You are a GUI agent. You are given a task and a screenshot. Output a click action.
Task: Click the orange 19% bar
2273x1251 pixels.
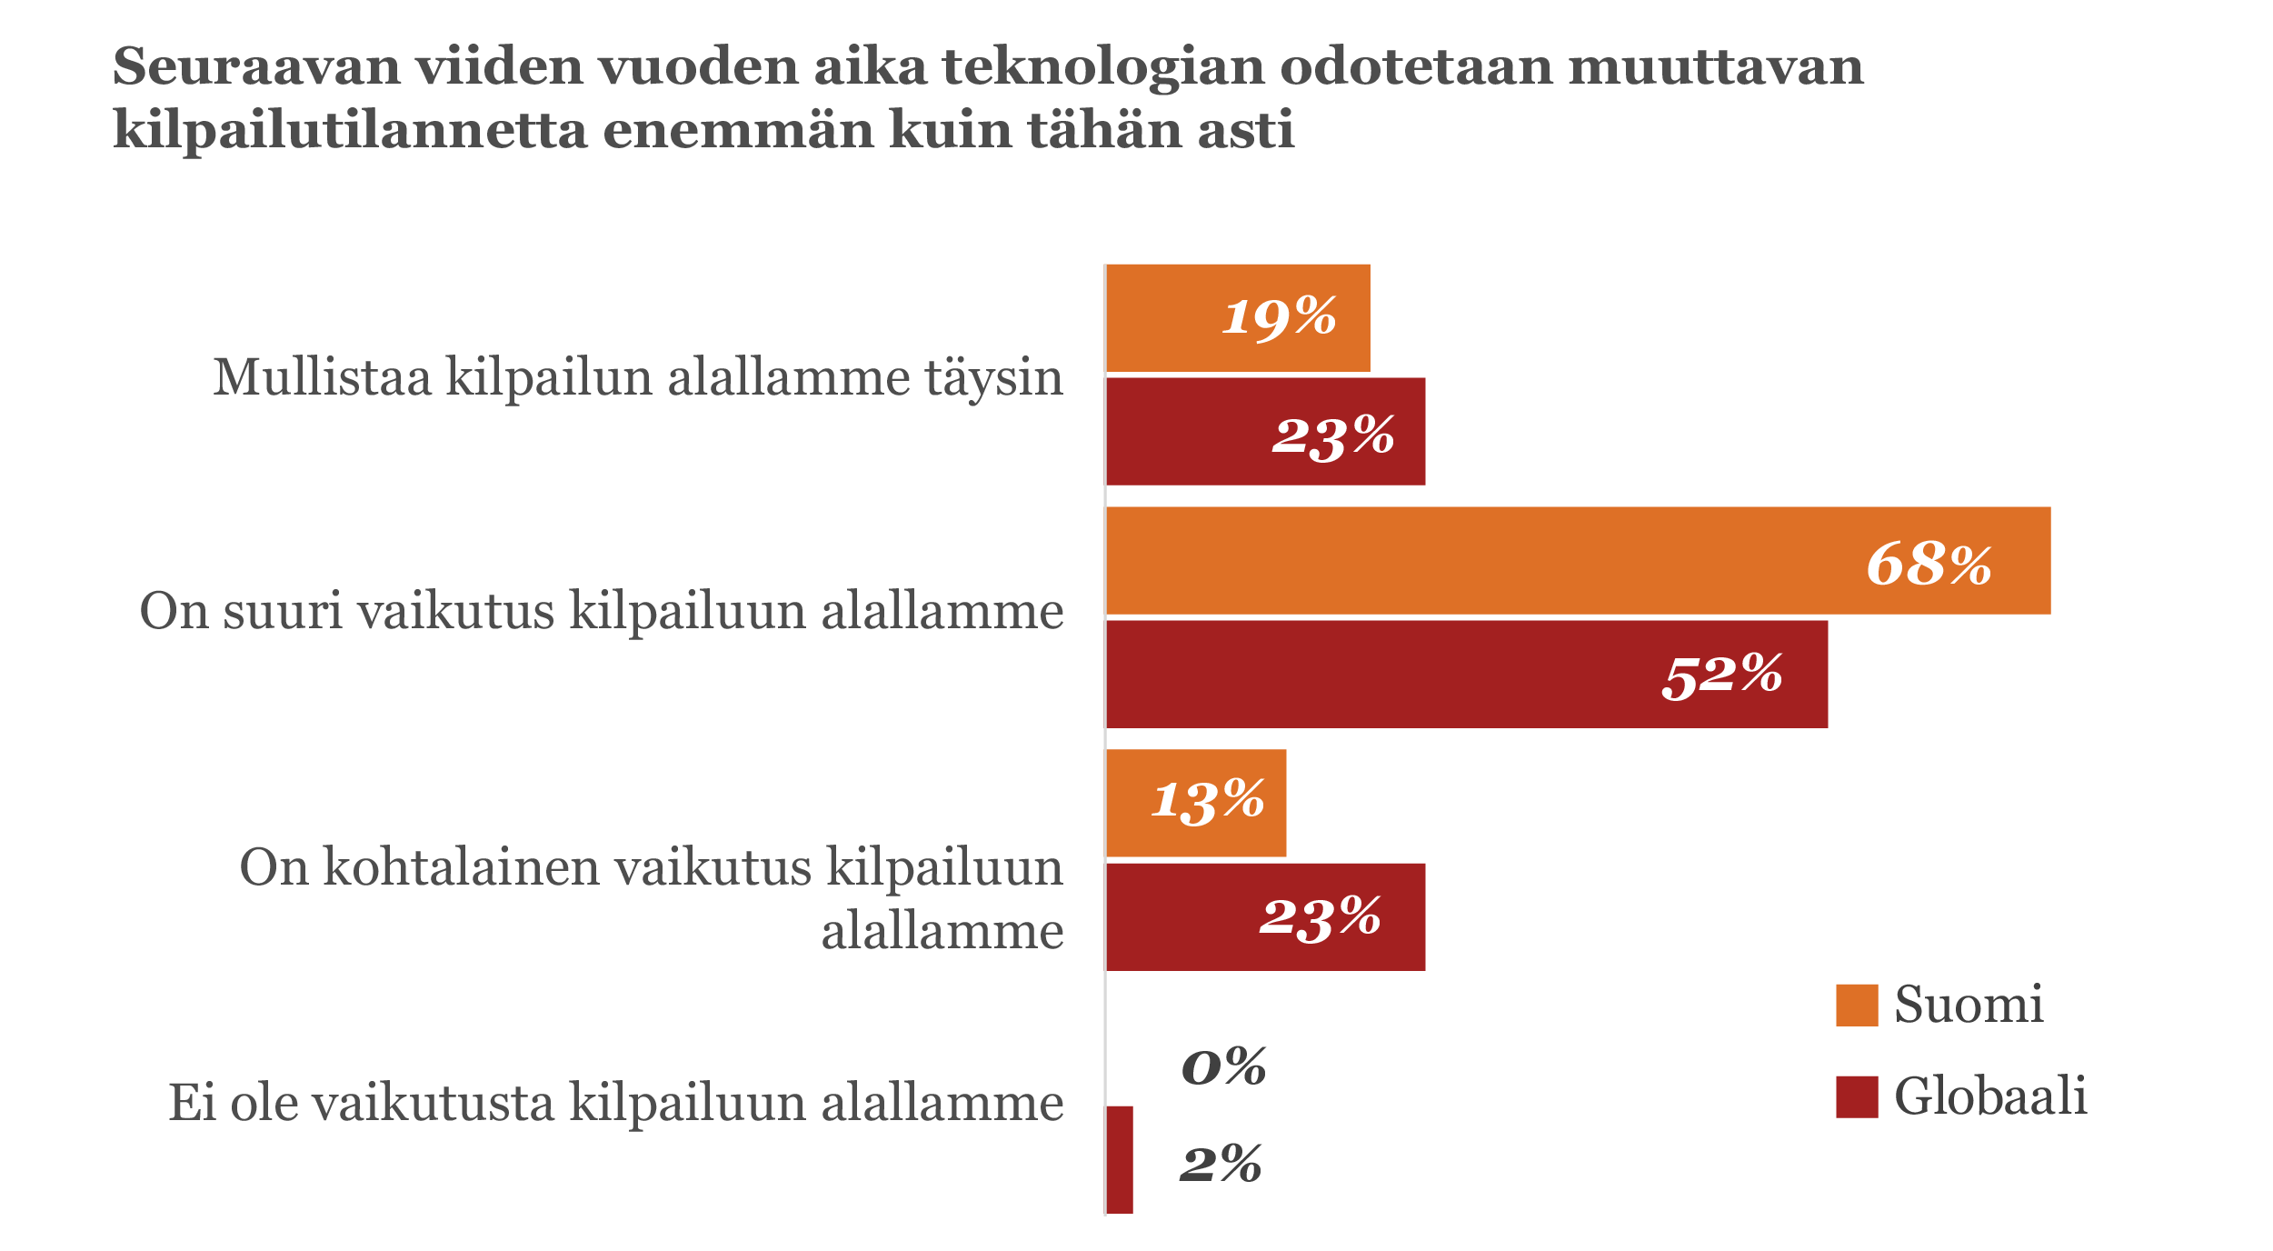coord(1181,318)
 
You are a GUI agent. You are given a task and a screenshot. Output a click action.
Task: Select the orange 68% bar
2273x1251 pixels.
coord(1545,561)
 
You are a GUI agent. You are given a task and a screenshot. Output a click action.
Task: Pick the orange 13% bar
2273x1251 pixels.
coord(1127,803)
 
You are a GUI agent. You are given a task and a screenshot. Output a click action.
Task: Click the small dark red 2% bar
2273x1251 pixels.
coord(1120,1159)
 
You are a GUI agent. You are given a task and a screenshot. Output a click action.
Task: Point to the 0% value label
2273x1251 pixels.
coord(1223,1066)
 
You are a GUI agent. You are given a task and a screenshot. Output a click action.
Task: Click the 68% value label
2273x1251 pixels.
coord(1929,564)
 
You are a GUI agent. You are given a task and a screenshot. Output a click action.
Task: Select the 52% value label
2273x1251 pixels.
coord(1722,676)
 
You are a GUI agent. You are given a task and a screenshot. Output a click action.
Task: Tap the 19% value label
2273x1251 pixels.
coord(1279,317)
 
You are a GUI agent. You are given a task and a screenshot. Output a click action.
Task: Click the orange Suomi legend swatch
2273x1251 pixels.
coord(1857,1006)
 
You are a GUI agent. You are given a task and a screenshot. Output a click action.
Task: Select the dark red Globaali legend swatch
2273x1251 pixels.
coord(1857,1097)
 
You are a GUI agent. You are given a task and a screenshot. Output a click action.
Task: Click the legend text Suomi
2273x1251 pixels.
coord(1969,1006)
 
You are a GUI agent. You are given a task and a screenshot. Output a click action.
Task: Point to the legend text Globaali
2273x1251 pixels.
coord(1990,1096)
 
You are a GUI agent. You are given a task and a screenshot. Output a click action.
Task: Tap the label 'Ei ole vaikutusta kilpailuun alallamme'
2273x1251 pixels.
coord(616,1104)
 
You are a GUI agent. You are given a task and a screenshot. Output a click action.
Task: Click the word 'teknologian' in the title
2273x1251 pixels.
coord(1103,66)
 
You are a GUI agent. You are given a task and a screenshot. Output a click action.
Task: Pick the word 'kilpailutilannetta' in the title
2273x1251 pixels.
coord(350,130)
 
